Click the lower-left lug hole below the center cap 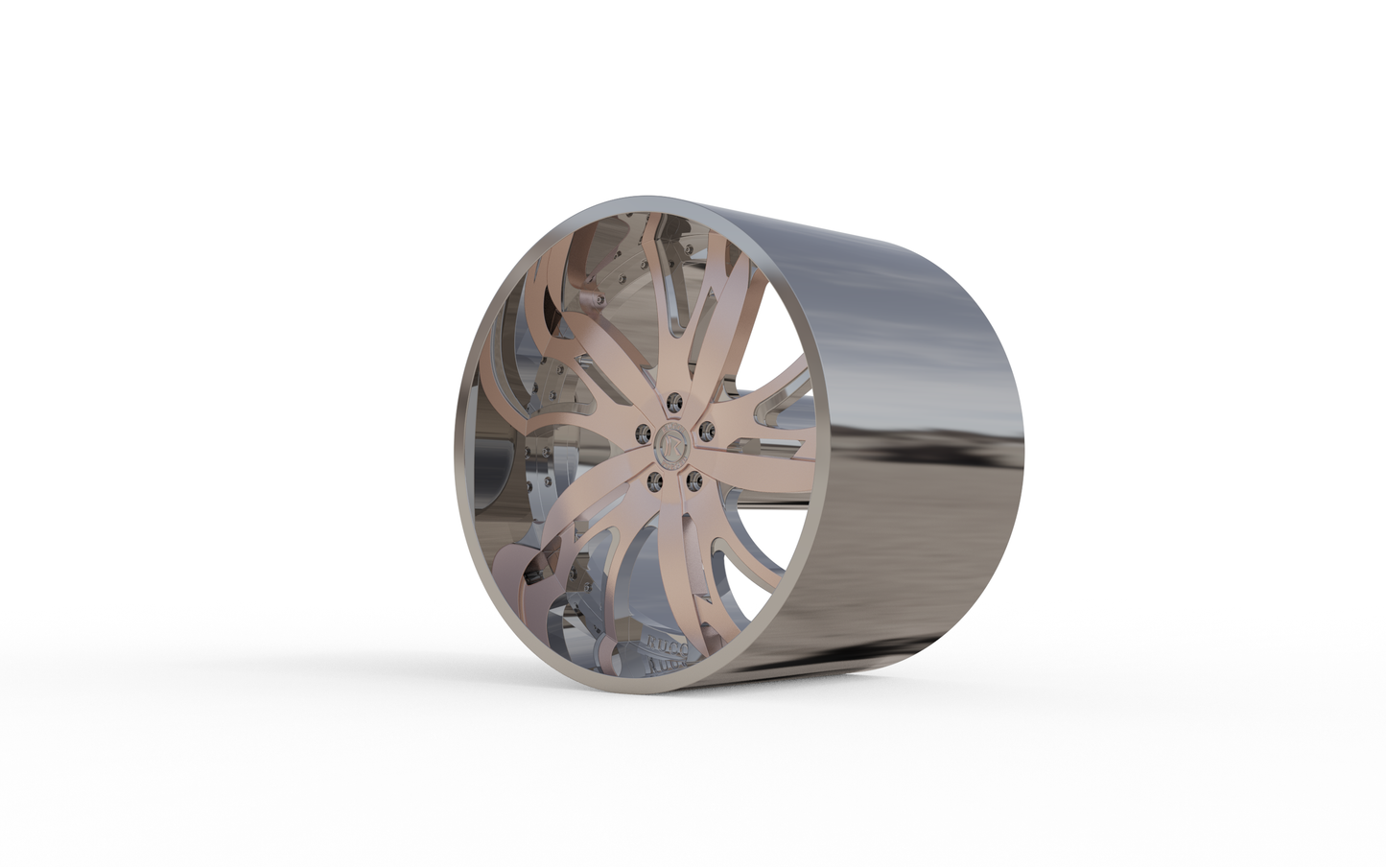click(x=656, y=478)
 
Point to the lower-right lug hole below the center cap click(x=693, y=475)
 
